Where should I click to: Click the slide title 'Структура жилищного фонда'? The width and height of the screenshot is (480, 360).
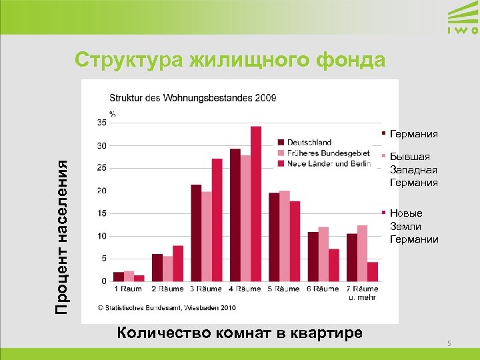(230, 60)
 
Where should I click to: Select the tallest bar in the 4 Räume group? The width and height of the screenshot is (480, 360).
(256, 203)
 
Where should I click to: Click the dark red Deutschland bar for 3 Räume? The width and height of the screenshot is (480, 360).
(196, 233)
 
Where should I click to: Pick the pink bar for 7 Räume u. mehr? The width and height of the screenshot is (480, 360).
(362, 253)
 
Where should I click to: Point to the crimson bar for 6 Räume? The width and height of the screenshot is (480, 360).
(334, 265)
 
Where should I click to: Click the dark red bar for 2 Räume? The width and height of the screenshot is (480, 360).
(157, 267)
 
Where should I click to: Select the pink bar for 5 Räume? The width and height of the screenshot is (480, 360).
(285, 236)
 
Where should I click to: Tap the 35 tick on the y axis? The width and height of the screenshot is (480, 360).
(101, 123)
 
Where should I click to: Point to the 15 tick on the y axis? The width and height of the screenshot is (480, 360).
(101, 213)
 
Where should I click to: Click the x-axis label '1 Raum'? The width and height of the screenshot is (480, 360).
(128, 289)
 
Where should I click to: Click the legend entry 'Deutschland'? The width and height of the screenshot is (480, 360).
(309, 142)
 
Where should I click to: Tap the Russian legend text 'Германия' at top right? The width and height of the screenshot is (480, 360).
(413, 134)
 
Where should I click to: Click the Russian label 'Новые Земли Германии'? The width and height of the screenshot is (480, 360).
(413, 226)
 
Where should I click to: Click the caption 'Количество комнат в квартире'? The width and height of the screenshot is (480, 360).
(239, 333)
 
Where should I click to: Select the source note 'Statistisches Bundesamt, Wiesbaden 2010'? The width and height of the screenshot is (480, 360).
(166, 308)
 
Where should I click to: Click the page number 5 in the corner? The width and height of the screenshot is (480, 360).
(449, 343)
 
